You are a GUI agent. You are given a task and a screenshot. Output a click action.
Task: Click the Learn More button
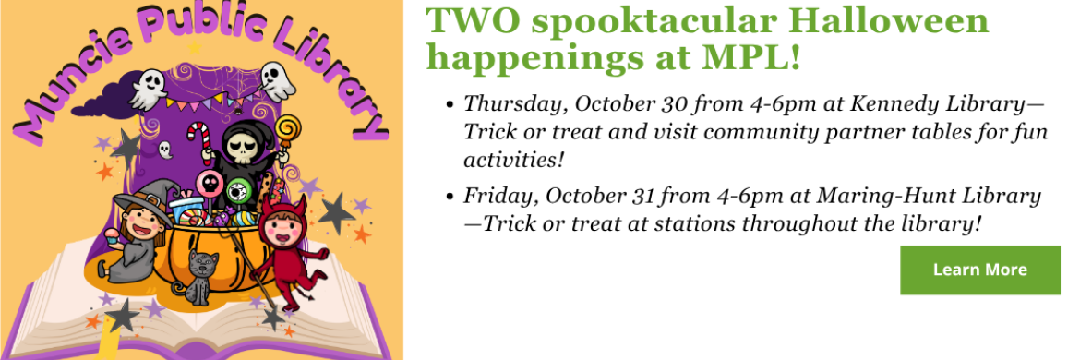(x=980, y=270)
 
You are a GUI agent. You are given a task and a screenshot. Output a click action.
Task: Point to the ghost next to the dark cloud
(x=148, y=90)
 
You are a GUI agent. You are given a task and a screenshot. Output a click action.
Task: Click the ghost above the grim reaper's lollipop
(x=278, y=80)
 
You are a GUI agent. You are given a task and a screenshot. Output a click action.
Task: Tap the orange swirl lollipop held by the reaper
(x=287, y=132)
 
